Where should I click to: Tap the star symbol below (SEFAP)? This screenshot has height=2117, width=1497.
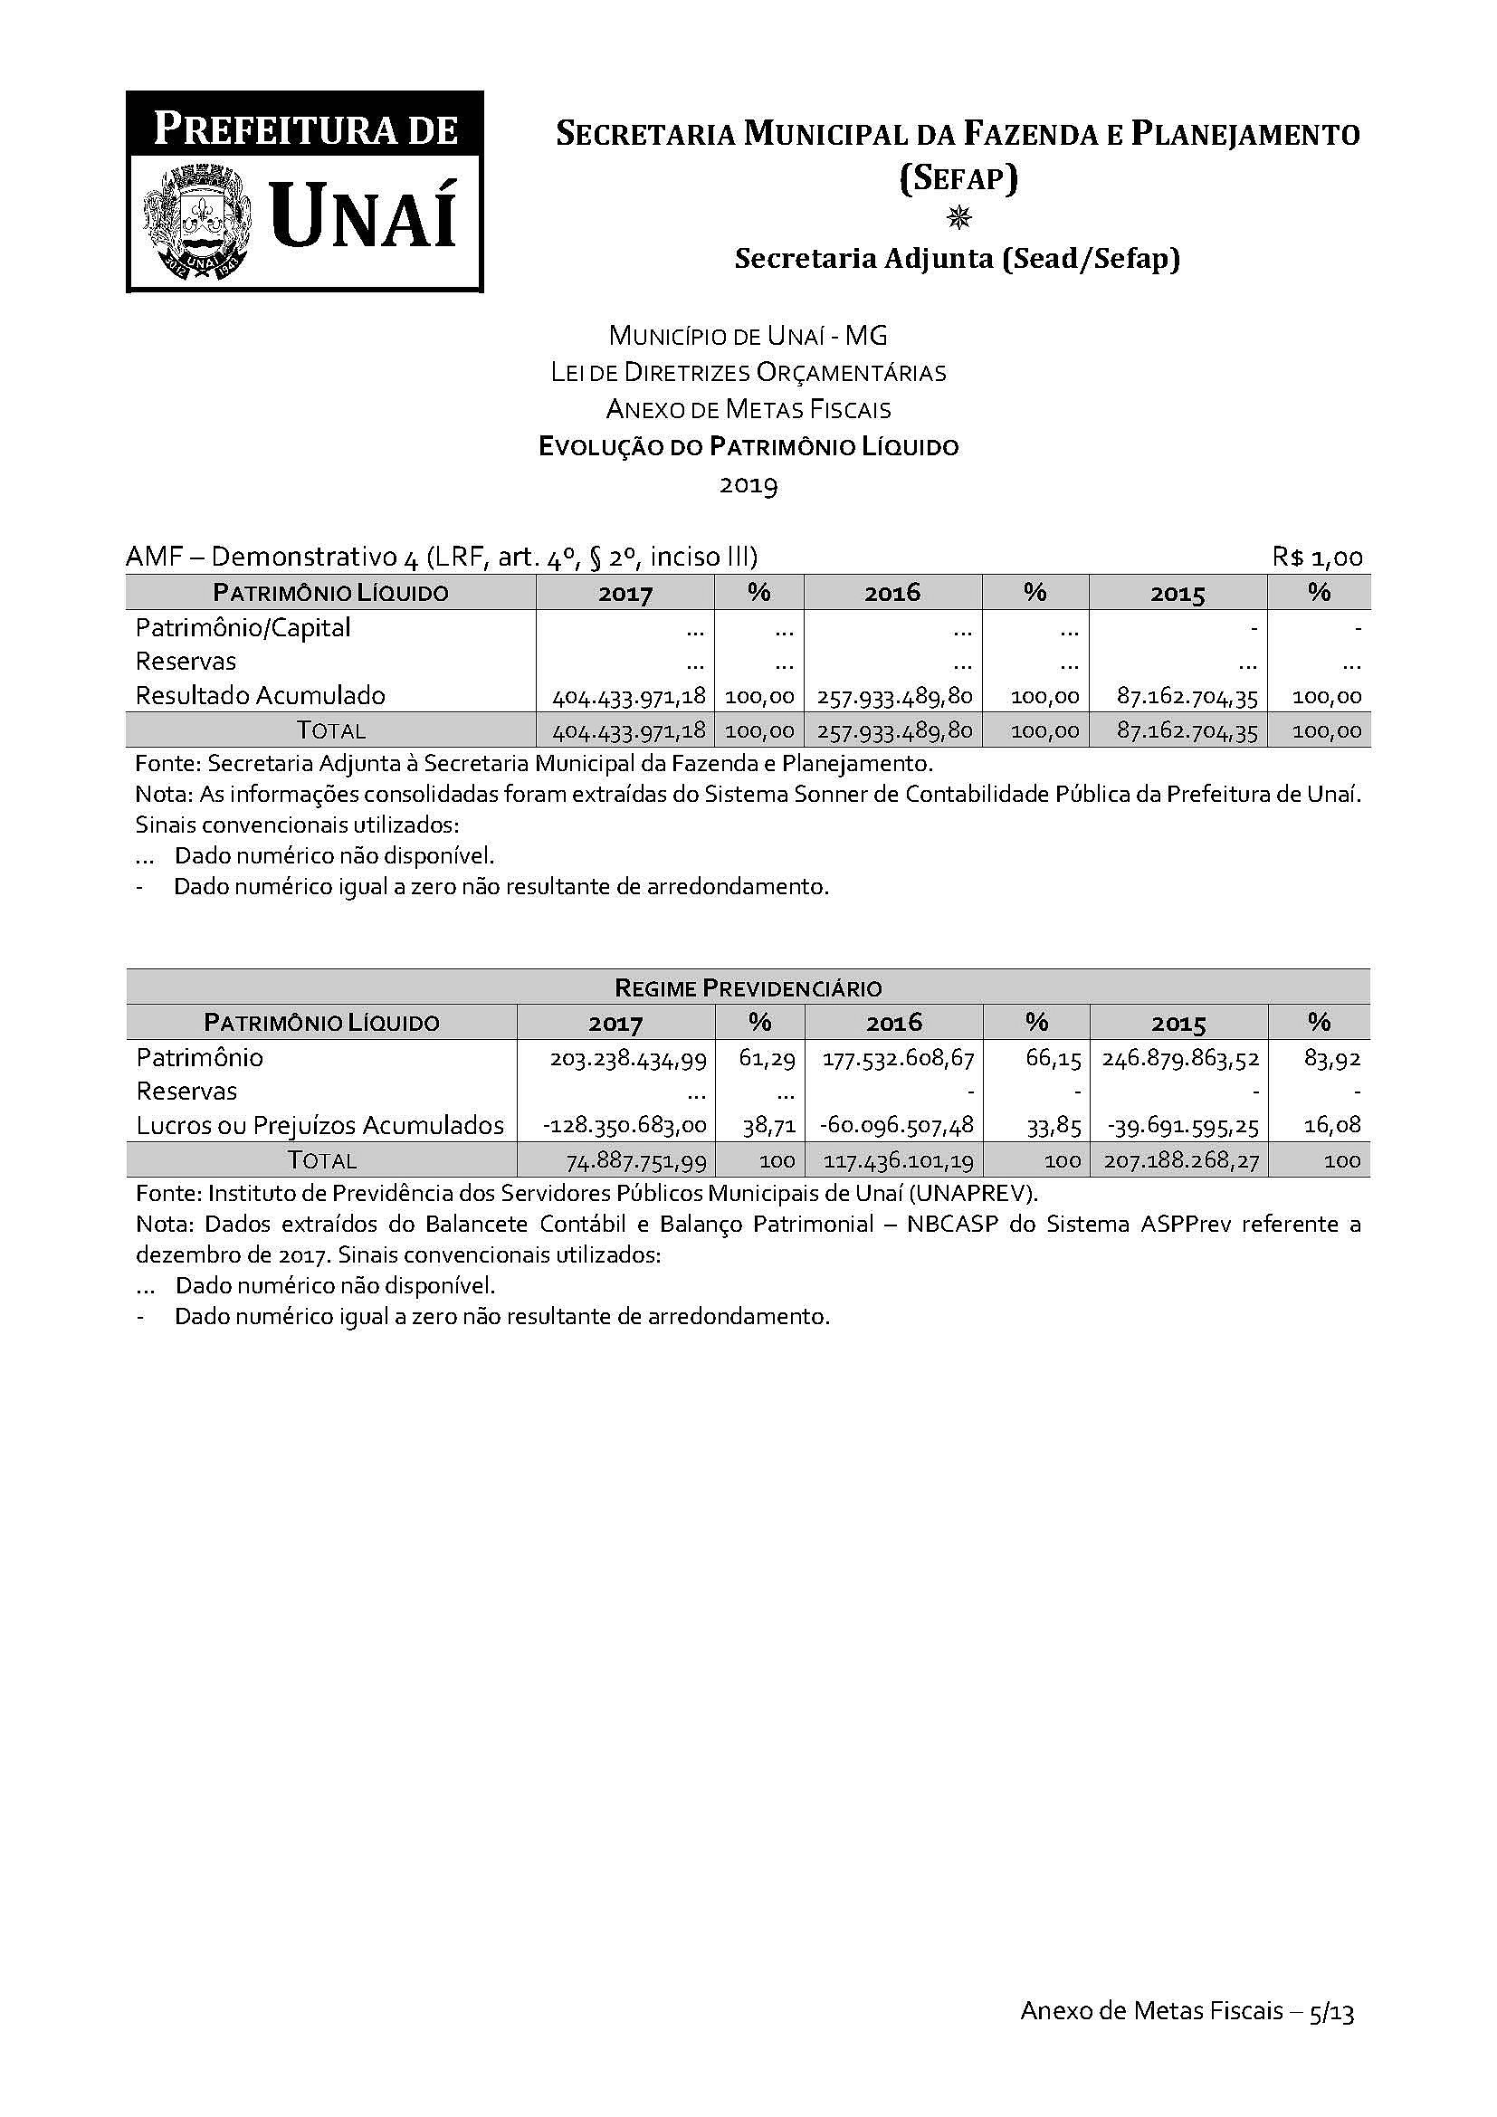[x=958, y=217]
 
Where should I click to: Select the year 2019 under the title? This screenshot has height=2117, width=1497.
[x=748, y=485]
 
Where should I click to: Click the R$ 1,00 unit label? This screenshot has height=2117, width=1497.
[x=1317, y=557]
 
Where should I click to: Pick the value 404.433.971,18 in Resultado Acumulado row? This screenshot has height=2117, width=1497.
[x=630, y=697]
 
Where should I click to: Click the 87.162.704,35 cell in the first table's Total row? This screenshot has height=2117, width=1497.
[x=1187, y=731]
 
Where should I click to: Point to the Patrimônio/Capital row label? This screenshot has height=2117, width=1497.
[x=243, y=628]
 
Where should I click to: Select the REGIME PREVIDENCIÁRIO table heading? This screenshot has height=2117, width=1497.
[x=748, y=988]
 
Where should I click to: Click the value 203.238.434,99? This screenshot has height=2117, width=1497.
[x=629, y=1060]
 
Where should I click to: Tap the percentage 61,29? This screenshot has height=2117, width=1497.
[x=767, y=1060]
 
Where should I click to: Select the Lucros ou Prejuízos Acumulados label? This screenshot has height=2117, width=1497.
[x=319, y=1126]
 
